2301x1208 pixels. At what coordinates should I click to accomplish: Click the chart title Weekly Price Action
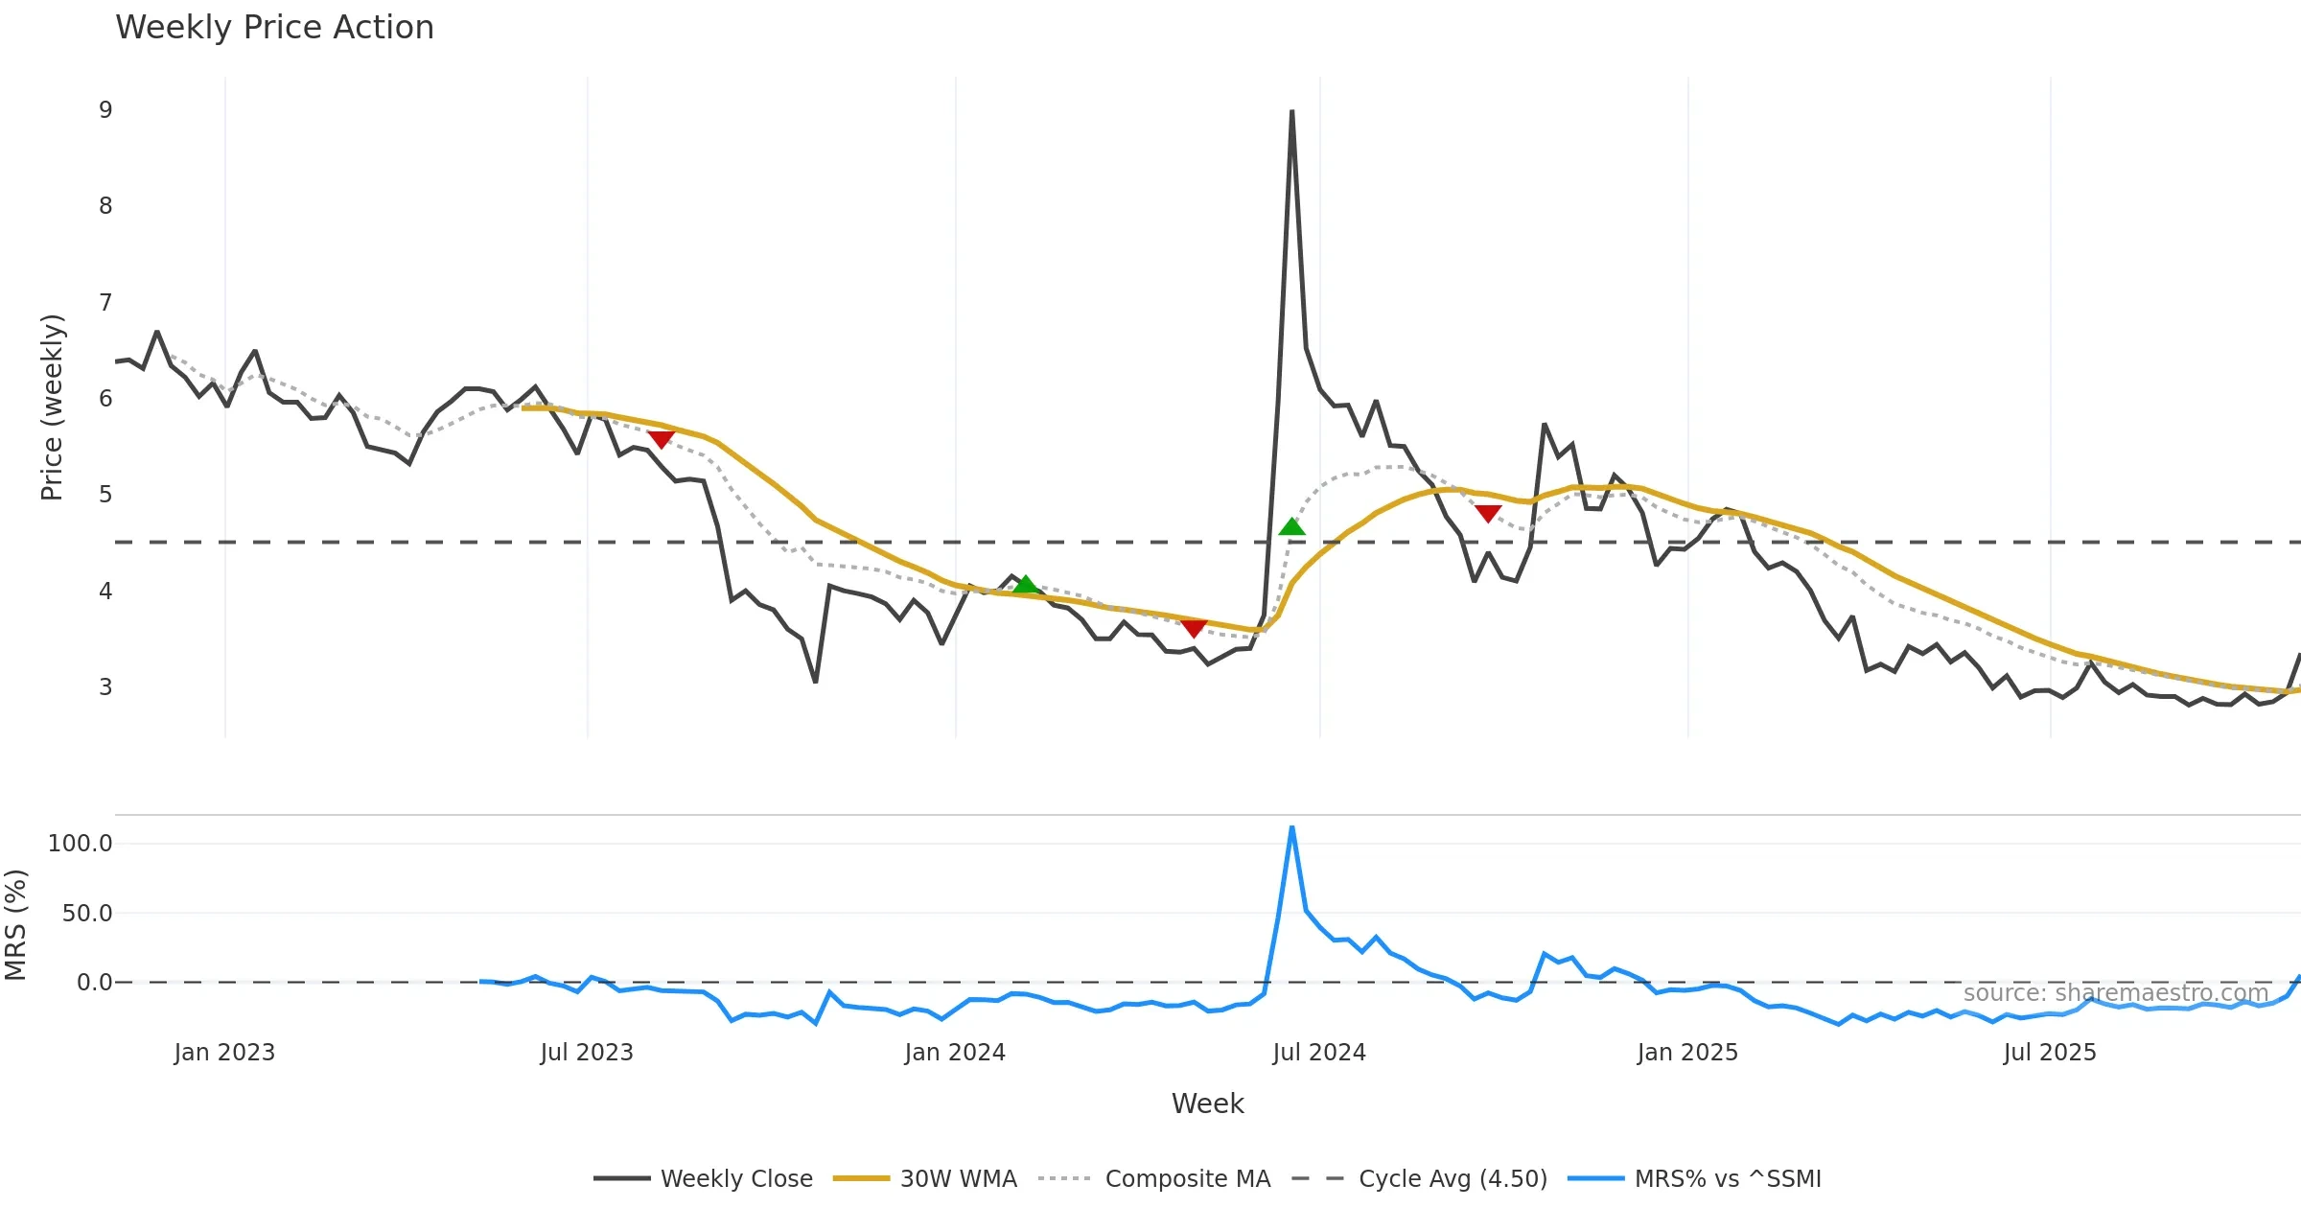pos(274,28)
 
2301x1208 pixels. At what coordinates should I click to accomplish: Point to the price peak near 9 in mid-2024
pos(1291,112)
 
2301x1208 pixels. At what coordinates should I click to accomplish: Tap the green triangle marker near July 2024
pos(1291,526)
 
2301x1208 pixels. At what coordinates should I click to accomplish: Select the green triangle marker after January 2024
pos(1025,584)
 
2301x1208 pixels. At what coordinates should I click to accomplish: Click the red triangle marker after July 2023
pos(661,439)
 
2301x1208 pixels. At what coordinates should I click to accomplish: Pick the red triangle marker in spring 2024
pos(1194,628)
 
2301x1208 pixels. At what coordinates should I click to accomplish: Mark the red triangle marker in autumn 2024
pos(1487,514)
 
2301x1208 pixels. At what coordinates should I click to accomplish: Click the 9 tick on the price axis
pos(105,110)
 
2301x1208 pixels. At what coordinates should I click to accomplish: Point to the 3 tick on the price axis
pos(105,687)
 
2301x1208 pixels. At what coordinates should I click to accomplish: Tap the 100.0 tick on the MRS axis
pos(81,844)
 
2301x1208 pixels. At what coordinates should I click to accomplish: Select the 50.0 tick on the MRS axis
pos(87,914)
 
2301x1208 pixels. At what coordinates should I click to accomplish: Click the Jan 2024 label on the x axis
pos(955,1053)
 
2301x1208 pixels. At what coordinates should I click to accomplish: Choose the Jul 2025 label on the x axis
pos(2050,1053)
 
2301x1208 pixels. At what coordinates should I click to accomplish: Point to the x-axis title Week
pos(1207,1103)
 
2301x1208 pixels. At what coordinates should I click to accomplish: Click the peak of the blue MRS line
pos(1291,827)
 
